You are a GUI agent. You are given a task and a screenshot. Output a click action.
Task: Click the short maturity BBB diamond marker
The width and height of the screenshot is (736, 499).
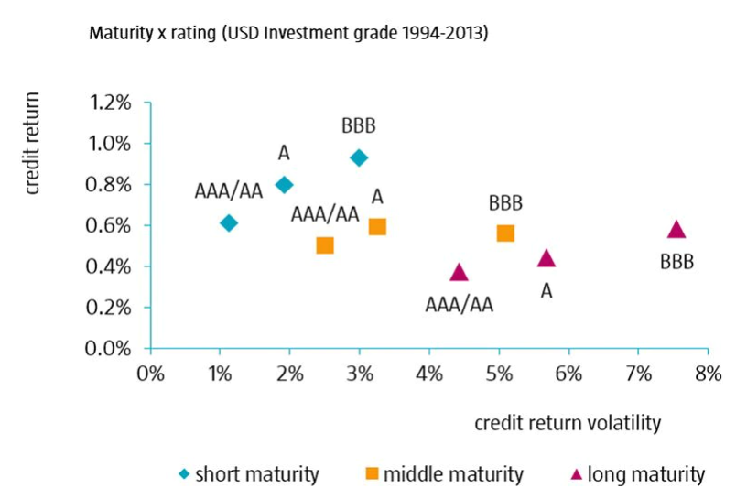[359, 157]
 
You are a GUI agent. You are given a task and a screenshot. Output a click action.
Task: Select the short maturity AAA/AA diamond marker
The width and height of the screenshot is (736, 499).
[229, 222]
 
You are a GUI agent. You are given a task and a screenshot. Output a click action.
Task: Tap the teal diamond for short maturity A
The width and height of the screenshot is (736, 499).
[284, 184]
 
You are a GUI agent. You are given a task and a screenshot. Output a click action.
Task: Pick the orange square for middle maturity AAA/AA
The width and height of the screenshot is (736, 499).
[324, 245]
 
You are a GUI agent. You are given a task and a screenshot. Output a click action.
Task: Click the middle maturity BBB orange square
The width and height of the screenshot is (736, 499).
[505, 233]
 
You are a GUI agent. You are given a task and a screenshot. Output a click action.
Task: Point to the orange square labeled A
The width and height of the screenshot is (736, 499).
[377, 226]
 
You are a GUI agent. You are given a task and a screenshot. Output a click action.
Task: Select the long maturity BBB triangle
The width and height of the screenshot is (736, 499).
[676, 230]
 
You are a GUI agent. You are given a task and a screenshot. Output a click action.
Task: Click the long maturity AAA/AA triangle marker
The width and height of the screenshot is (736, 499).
[460, 272]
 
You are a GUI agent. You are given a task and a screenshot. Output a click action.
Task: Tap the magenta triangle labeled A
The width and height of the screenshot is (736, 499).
[547, 258]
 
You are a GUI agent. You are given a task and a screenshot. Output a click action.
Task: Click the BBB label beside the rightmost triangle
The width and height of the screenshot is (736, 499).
[676, 263]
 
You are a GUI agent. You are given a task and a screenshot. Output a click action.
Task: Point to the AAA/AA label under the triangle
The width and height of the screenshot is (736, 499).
[460, 305]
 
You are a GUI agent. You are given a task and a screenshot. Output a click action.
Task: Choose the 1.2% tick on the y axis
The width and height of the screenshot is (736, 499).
[110, 103]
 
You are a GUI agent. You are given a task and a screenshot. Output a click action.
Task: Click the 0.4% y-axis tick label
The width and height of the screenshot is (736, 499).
[110, 266]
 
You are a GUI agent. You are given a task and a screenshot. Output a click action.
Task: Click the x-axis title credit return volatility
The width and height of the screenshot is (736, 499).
[568, 423]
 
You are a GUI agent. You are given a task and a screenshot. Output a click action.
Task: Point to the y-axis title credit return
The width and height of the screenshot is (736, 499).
[33, 146]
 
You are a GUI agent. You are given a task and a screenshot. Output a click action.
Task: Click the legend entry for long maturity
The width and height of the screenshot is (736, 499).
[638, 474]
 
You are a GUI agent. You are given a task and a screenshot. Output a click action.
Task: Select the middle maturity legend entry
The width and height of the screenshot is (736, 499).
[445, 474]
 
